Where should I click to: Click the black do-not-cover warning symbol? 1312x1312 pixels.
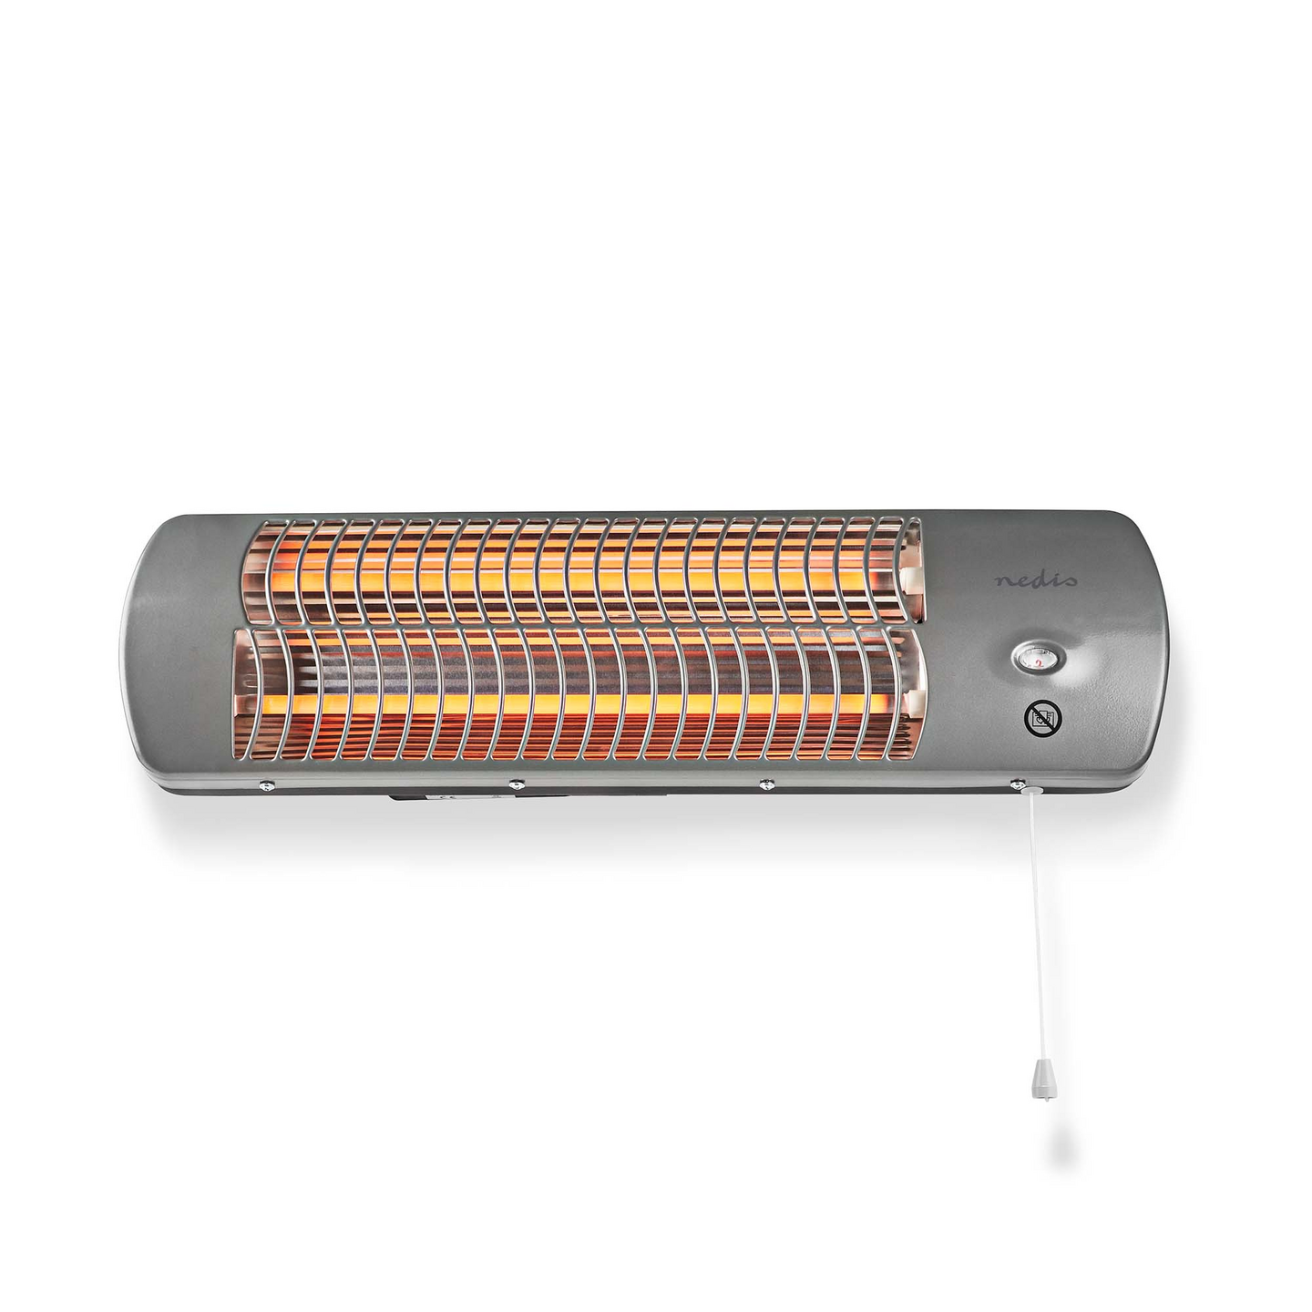coord(1041,719)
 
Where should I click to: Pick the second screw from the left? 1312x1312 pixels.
coord(515,784)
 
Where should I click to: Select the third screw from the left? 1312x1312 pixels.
coord(765,784)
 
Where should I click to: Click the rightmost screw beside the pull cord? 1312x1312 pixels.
coord(1016,784)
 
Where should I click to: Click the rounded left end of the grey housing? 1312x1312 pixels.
coord(150,651)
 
